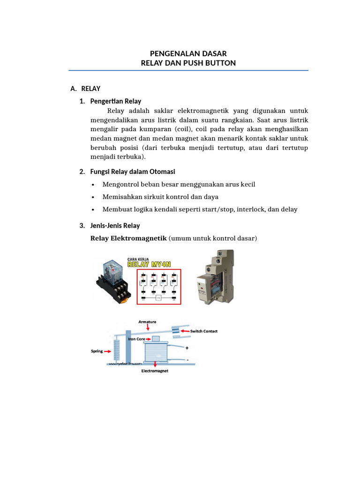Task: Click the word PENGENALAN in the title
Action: click(x=170, y=54)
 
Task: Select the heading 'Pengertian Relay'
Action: click(x=116, y=101)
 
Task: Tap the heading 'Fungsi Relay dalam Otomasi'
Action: click(x=133, y=172)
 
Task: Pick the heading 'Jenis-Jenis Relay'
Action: click(x=115, y=226)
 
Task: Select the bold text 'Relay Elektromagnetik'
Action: click(x=128, y=239)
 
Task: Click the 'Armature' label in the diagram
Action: click(x=147, y=322)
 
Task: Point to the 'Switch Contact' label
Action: click(x=203, y=331)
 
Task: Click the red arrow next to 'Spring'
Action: click(x=108, y=351)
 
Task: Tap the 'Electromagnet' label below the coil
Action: click(x=155, y=371)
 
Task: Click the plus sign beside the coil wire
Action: click(x=187, y=348)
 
